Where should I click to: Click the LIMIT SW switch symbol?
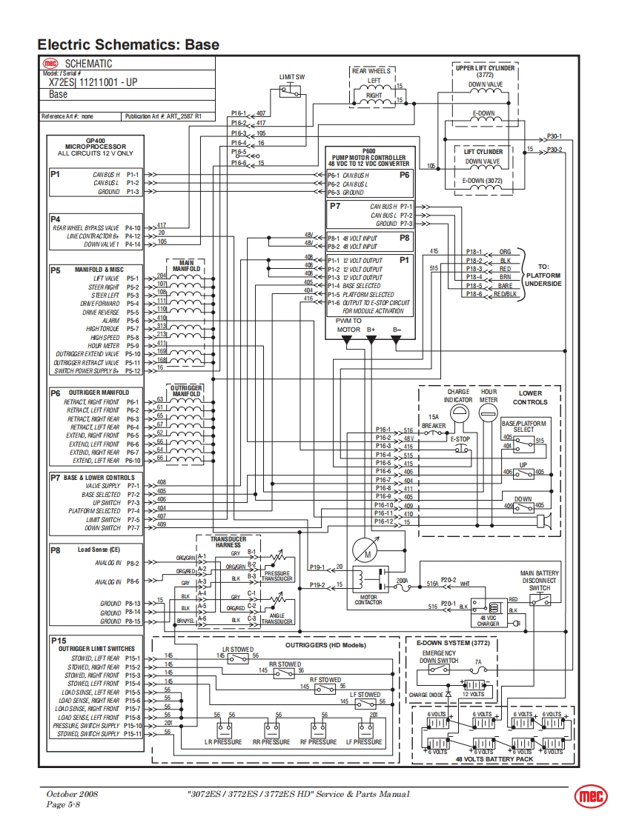[x=290, y=91]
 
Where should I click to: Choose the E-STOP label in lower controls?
[x=460, y=439]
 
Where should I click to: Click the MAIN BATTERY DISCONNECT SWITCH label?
[x=540, y=581]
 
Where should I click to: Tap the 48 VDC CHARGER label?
[x=488, y=621]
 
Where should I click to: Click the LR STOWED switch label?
[x=238, y=650]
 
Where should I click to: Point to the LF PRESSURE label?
[x=363, y=741]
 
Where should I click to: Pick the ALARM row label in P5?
[x=110, y=320]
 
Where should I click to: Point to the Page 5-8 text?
[x=63, y=804]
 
